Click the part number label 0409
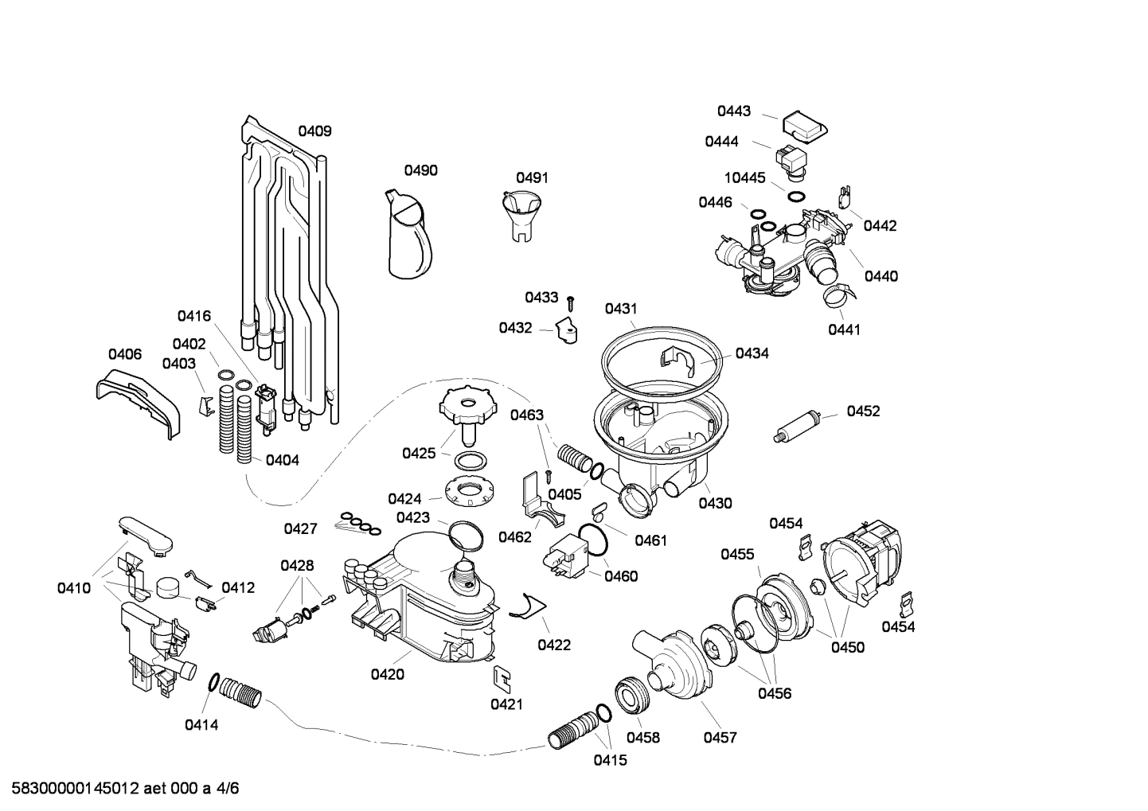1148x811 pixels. point(314,131)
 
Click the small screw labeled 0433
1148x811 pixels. point(571,302)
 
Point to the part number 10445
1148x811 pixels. point(744,177)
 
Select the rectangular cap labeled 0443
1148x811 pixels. point(804,126)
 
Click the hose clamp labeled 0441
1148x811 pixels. point(841,298)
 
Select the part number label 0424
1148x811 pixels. point(404,499)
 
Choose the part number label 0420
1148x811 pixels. point(387,675)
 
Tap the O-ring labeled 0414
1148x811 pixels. point(214,682)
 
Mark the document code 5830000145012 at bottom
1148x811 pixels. point(71,789)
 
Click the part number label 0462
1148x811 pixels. point(515,537)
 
